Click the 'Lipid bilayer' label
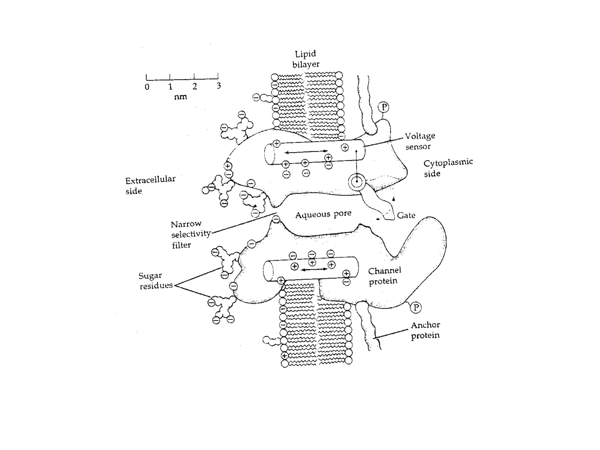click(x=306, y=59)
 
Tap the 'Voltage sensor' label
click(x=420, y=141)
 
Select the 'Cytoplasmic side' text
click(x=448, y=168)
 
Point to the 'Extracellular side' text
click(x=150, y=185)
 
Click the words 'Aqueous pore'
click(x=323, y=214)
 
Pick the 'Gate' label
click(x=406, y=215)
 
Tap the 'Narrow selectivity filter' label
click(x=191, y=234)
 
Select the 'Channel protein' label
click(x=384, y=276)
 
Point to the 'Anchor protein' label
click(x=425, y=330)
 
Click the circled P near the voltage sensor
click(x=383, y=107)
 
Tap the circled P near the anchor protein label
click(x=415, y=307)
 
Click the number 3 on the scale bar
click(x=219, y=86)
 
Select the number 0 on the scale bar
click(x=147, y=87)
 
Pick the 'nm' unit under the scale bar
click(x=180, y=97)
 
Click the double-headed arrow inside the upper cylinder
click(x=306, y=152)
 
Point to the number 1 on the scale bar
click(x=170, y=87)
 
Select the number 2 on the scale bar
click(x=195, y=86)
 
